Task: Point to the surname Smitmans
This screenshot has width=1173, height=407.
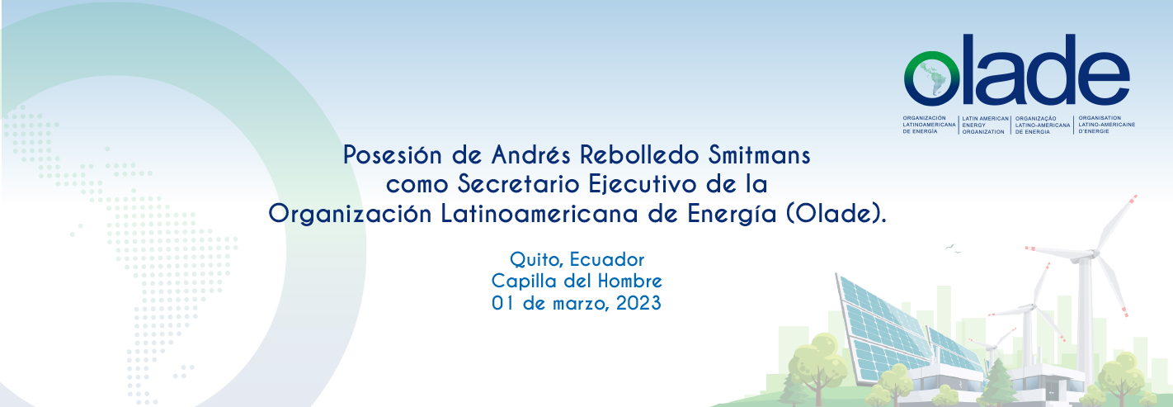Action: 759,154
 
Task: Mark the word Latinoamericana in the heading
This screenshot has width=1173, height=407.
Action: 540,213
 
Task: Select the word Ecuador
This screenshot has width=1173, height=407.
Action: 607,259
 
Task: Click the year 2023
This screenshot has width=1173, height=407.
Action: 638,303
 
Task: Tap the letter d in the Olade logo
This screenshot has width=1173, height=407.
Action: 1049,69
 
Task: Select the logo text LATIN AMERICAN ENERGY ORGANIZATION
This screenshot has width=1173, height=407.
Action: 985,125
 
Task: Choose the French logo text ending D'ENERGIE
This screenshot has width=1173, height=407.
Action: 1106,125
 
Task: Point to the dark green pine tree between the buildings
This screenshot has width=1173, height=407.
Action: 999,382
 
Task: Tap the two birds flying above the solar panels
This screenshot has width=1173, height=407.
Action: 953,248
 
